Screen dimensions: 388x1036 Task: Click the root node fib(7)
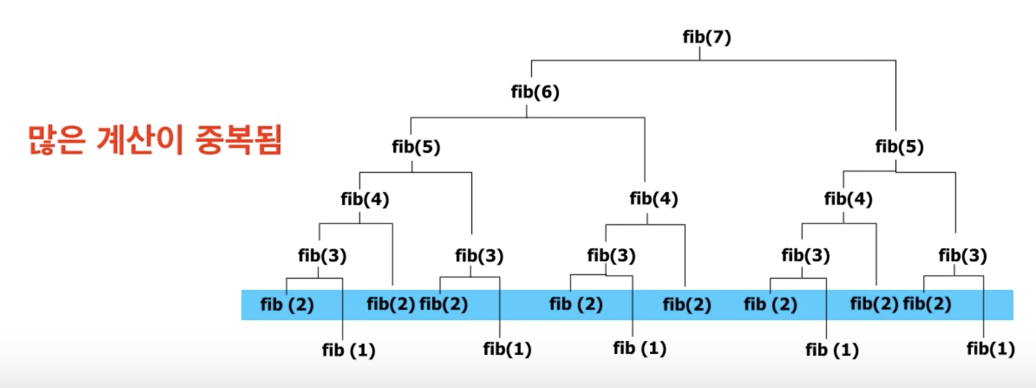(x=706, y=37)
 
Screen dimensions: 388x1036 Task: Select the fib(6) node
(x=535, y=92)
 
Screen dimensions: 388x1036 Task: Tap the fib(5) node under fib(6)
(x=416, y=147)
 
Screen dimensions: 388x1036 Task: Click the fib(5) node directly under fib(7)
(x=899, y=147)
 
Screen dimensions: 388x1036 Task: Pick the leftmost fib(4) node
(x=364, y=199)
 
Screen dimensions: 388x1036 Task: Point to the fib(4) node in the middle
(x=654, y=199)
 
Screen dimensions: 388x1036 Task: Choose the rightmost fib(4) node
(x=848, y=199)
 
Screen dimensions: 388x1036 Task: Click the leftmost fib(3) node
(x=322, y=256)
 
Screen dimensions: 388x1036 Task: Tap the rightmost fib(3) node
(x=962, y=256)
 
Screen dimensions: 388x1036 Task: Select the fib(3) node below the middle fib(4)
(x=611, y=256)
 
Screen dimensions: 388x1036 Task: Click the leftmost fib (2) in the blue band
(x=287, y=305)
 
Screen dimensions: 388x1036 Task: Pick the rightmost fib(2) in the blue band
(x=926, y=304)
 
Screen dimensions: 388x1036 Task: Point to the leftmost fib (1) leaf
(x=349, y=351)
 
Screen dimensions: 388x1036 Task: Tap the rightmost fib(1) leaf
(x=990, y=349)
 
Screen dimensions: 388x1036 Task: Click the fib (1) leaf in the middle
(x=639, y=349)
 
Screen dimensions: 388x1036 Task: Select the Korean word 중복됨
(x=238, y=140)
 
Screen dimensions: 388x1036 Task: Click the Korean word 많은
(x=56, y=140)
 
